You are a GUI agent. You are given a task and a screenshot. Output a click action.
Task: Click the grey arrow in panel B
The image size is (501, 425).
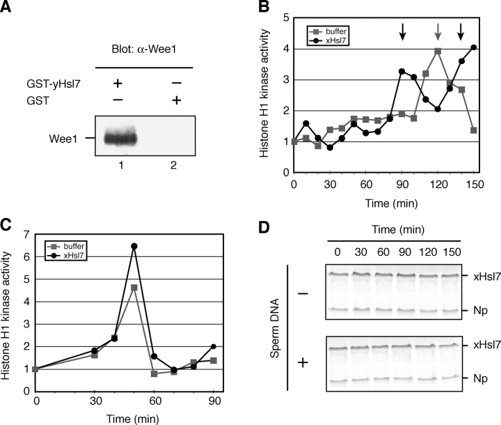pos(438,32)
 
